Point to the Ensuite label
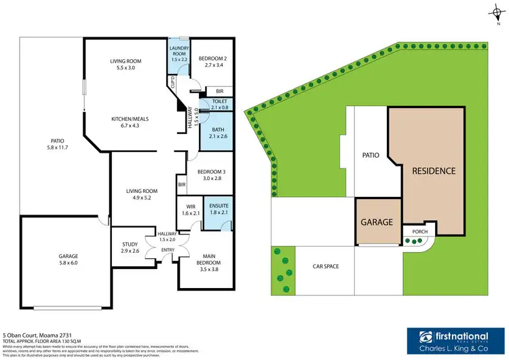pyautogui.click(x=219, y=209)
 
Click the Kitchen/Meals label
pyautogui.click(x=131, y=122)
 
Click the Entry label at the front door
pyautogui.click(x=167, y=250)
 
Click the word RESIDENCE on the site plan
pyautogui.click(x=434, y=170)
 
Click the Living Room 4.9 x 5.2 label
pyautogui.click(x=142, y=196)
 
